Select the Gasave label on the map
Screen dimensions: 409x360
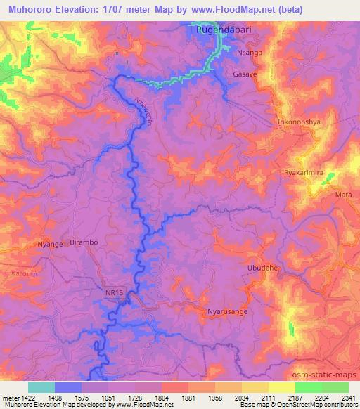point(245,74)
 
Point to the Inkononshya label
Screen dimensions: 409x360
point(299,120)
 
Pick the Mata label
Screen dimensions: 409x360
point(343,195)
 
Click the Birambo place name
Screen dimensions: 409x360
point(84,242)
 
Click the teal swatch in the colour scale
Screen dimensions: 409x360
point(41,387)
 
